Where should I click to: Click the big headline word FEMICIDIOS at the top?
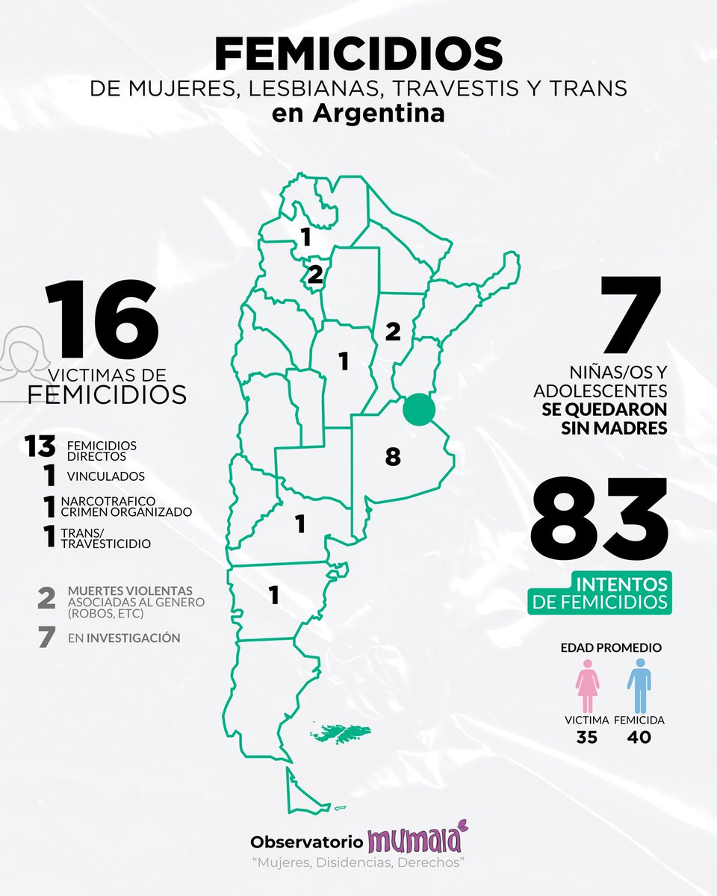(x=358, y=55)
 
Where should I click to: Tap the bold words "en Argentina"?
(x=358, y=114)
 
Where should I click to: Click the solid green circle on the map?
(x=419, y=410)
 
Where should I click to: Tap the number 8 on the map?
(x=393, y=456)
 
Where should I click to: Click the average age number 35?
(x=588, y=737)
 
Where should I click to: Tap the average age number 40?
(x=639, y=737)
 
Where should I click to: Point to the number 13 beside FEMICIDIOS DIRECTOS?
(x=39, y=447)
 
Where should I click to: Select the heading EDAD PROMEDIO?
(x=611, y=647)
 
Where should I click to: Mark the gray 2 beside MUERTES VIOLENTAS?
(x=46, y=598)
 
